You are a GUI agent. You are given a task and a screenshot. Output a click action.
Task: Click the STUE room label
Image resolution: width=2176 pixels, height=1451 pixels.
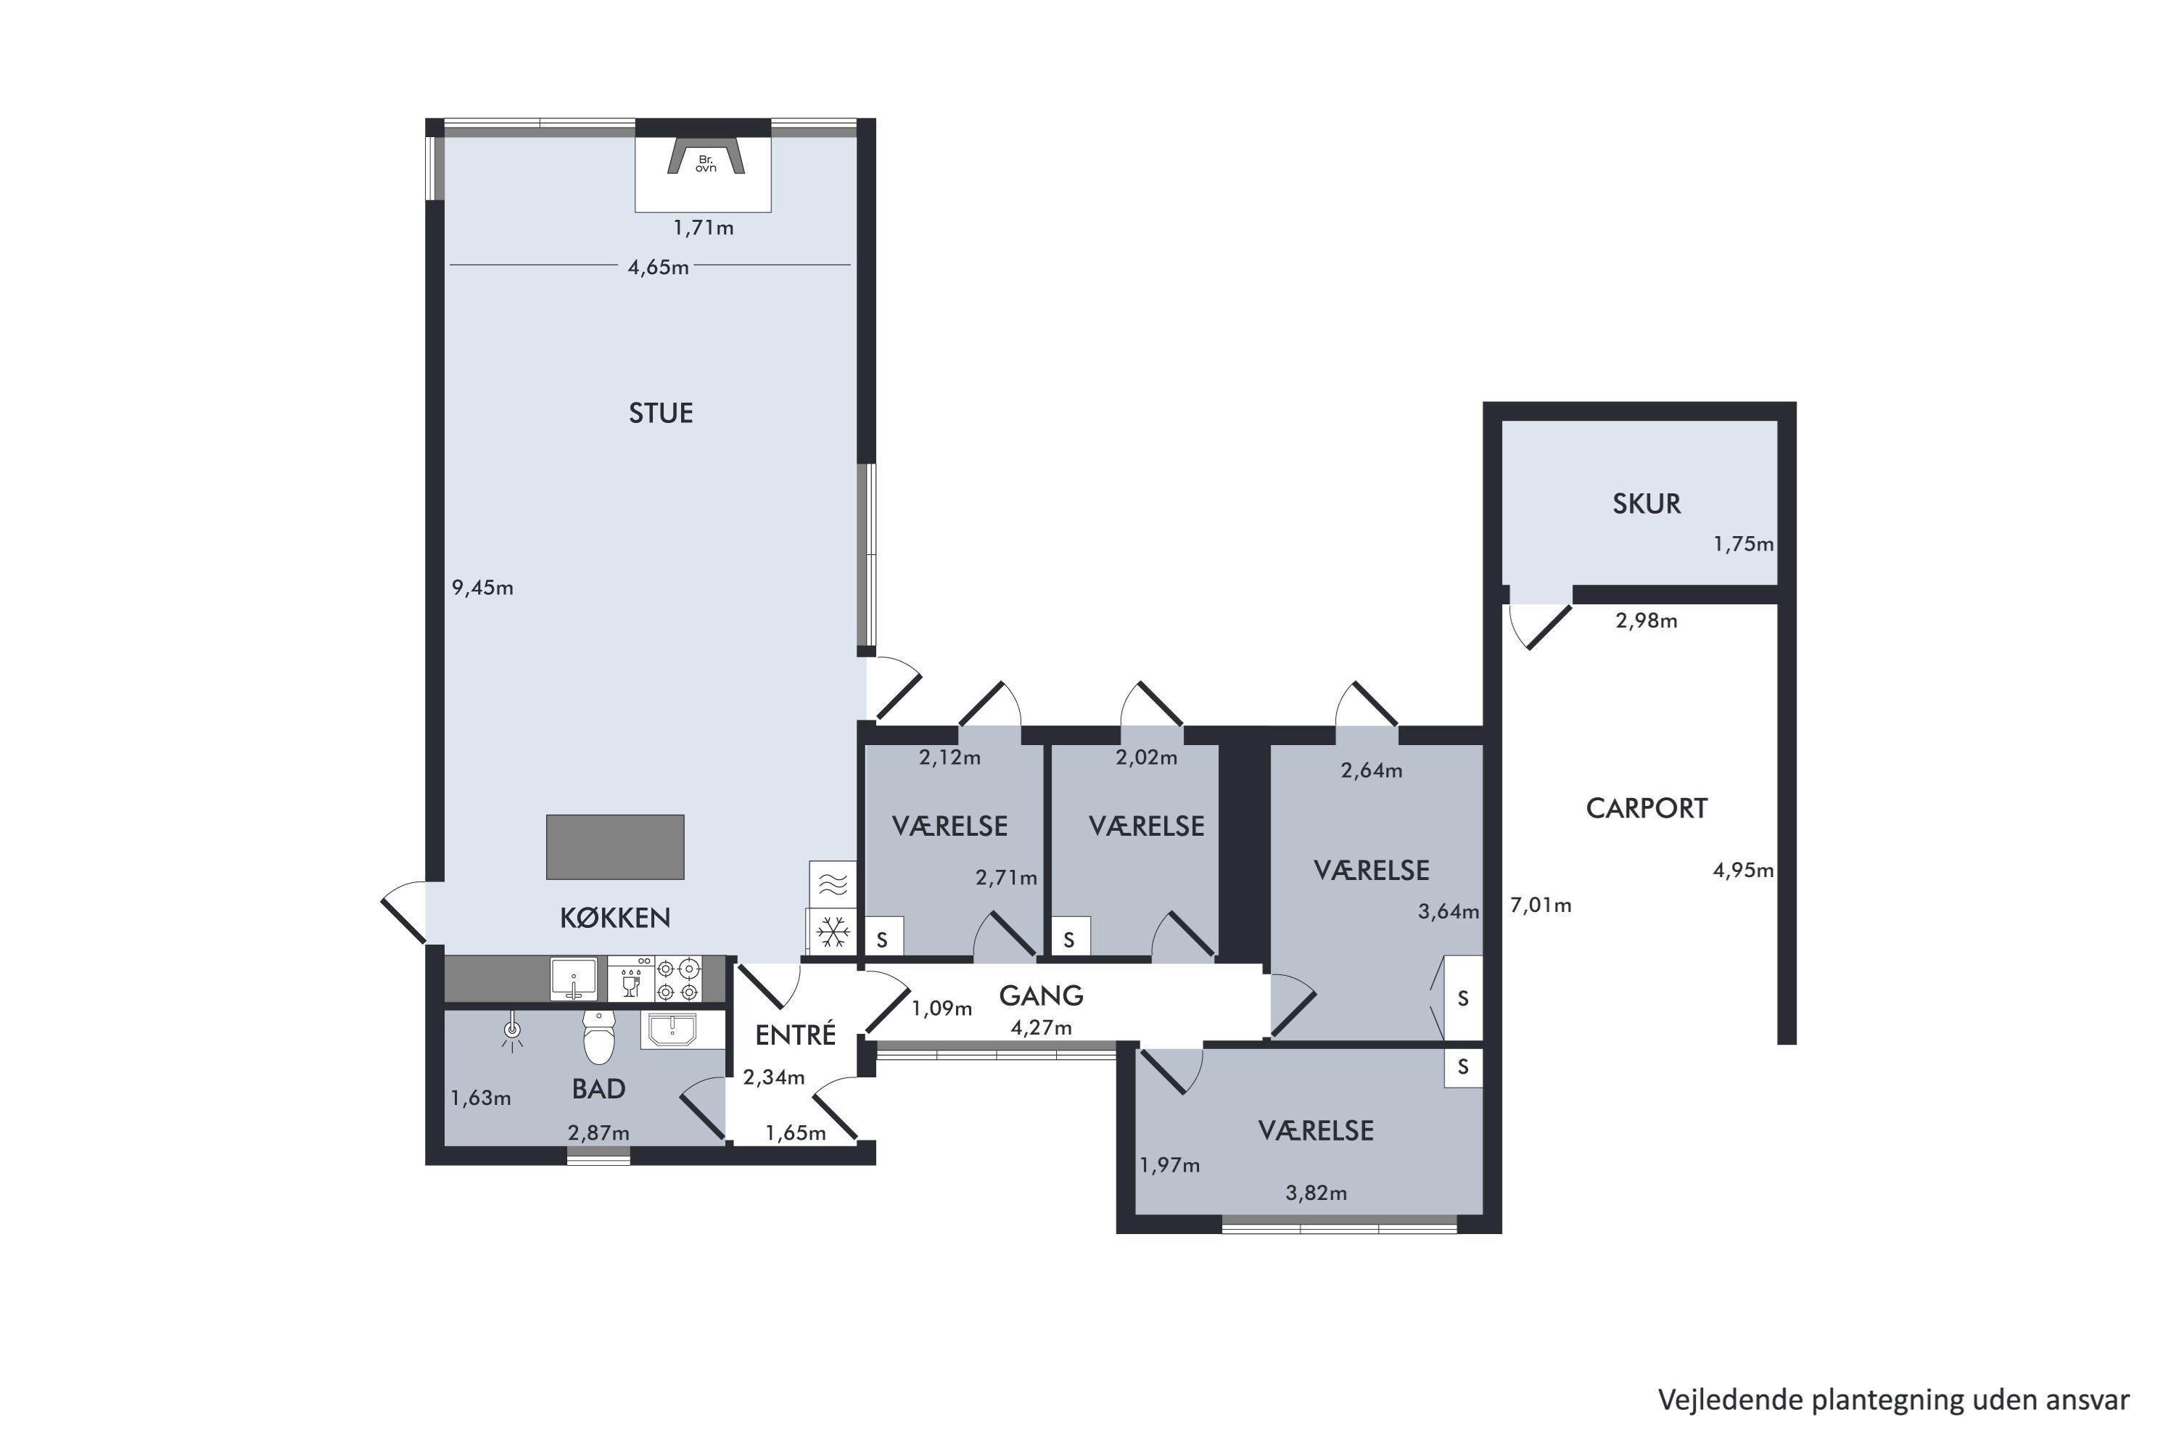tap(661, 413)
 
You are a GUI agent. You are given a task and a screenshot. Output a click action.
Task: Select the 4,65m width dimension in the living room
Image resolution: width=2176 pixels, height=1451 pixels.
tap(658, 268)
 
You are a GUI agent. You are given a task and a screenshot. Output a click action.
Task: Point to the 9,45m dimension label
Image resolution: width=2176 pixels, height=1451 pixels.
tap(482, 588)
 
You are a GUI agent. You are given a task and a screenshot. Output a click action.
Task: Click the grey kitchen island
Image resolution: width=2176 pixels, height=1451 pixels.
tap(615, 847)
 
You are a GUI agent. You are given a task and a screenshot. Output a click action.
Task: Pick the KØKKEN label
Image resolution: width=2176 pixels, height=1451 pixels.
tap(615, 917)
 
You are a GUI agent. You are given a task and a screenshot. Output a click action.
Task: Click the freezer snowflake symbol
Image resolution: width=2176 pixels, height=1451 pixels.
tap(833, 931)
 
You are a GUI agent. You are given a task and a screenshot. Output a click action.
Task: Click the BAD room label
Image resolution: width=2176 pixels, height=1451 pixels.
tap(598, 1088)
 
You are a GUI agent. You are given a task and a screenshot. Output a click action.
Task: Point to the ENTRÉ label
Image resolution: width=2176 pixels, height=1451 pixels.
tap(796, 1035)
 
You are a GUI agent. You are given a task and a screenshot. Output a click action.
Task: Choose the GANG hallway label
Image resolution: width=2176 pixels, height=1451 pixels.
tap(1041, 995)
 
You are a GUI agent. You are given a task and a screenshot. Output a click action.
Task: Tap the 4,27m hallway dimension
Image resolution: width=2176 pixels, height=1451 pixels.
tap(1041, 1027)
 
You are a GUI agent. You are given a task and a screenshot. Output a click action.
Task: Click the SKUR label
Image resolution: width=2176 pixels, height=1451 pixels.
tap(1647, 503)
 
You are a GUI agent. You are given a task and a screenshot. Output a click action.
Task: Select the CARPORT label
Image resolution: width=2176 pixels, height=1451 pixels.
tap(1647, 808)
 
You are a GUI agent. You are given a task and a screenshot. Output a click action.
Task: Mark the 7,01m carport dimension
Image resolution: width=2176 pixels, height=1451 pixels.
tap(1541, 905)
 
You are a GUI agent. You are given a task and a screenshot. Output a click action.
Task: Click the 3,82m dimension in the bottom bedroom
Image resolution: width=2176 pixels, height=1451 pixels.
tap(1316, 1193)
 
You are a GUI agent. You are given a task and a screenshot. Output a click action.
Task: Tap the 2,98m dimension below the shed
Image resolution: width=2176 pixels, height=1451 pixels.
tap(1646, 620)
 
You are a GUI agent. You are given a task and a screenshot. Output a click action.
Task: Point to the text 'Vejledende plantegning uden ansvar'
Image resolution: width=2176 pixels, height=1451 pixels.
tap(1894, 1400)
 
